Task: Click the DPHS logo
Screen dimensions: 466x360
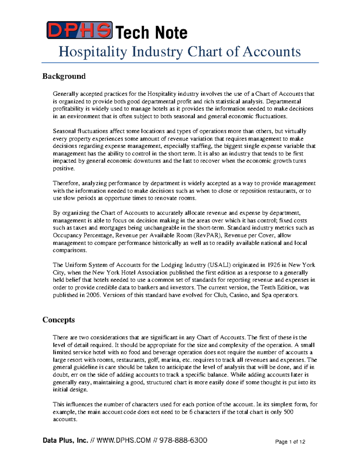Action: (x=79, y=30)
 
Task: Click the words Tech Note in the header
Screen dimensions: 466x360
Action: (x=151, y=32)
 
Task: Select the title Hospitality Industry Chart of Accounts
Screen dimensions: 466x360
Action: (x=179, y=52)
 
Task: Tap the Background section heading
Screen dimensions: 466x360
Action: (x=64, y=76)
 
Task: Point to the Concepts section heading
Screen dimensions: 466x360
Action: (x=58, y=320)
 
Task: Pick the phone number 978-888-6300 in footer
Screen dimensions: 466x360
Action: (x=183, y=440)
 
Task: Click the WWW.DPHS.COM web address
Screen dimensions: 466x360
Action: (x=124, y=440)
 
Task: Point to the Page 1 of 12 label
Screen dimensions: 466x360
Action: (x=290, y=442)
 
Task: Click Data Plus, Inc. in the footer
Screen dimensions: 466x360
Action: (x=65, y=440)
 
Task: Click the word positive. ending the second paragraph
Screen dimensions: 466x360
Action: (x=64, y=168)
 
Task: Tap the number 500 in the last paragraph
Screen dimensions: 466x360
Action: (x=288, y=412)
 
